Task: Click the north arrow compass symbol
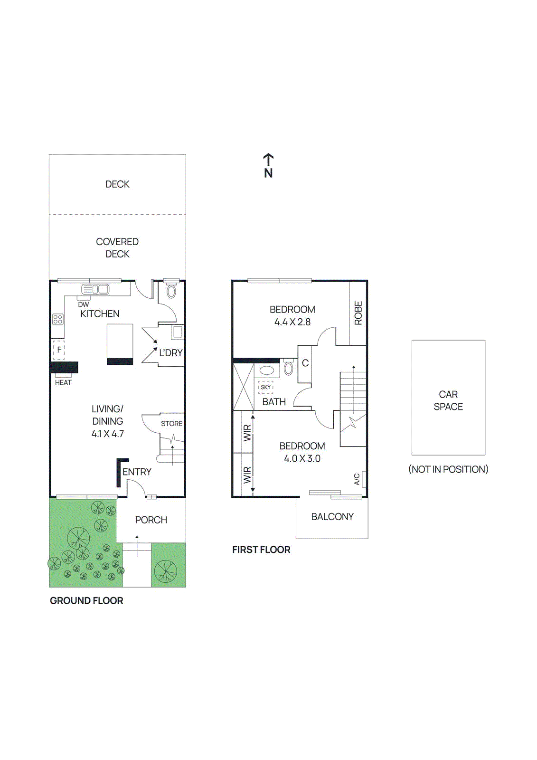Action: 268,165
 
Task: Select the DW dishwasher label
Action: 84,304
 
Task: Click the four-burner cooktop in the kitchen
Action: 58,319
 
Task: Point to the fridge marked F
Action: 59,350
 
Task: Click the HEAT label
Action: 63,383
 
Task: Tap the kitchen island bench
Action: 120,344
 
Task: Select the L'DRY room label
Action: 170,353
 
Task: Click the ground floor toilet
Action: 171,291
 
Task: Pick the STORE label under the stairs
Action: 171,424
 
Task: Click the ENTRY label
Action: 137,472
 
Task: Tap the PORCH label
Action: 151,520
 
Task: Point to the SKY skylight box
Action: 266,387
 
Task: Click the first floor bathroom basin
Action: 267,370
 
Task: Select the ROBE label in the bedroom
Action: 358,313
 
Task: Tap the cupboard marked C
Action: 305,363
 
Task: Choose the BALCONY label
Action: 332,517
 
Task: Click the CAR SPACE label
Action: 448,400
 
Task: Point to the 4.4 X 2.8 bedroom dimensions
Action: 292,322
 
